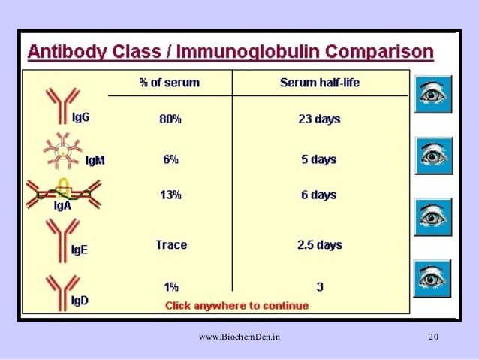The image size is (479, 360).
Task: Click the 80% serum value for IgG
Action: coord(170,119)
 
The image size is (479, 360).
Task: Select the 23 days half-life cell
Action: coord(319,119)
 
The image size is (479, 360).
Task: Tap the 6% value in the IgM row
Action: coord(170,159)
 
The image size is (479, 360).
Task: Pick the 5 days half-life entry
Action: coord(319,159)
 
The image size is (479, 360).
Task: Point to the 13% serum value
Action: coord(170,195)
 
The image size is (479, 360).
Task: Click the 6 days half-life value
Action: coord(319,195)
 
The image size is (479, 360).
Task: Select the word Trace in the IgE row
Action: coord(171,244)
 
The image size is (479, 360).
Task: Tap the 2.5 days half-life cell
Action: coord(320,244)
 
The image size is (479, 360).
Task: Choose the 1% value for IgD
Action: coord(171,286)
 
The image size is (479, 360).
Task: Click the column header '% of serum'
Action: coord(169,83)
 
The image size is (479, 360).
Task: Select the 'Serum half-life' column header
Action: coord(320,83)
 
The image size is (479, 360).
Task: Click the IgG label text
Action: coord(80,117)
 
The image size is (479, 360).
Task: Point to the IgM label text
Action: coord(95,160)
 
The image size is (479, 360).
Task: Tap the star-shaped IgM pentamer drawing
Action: coord(62,150)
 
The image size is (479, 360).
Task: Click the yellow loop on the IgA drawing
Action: coord(63,186)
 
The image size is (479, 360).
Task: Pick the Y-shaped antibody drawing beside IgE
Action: coord(62,241)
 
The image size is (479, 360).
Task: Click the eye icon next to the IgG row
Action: coord(433,94)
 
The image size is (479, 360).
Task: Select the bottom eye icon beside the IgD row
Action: coord(432,278)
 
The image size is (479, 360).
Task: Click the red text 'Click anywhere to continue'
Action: coord(236,306)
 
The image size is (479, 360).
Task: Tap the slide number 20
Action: coord(433,337)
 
